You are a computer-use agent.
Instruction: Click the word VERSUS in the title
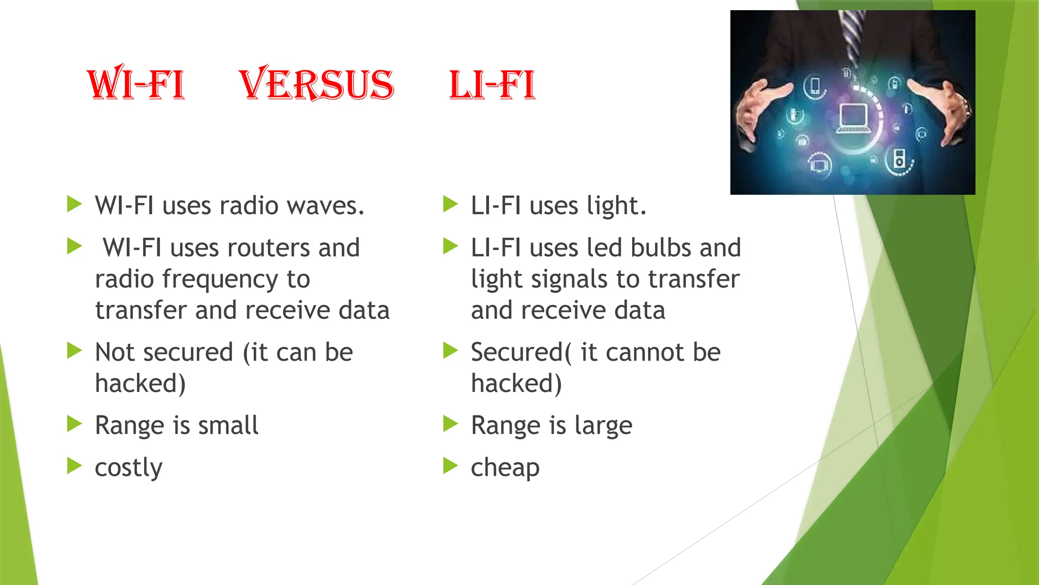[x=316, y=84]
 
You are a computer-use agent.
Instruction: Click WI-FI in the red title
[x=136, y=84]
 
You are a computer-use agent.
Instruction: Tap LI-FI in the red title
[x=492, y=84]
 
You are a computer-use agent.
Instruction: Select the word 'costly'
[x=128, y=467]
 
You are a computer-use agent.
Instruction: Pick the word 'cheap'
[x=505, y=467]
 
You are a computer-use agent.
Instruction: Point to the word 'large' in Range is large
[x=603, y=425]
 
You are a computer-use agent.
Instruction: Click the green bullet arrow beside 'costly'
[x=75, y=465]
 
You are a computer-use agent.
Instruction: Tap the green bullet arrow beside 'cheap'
[x=451, y=465]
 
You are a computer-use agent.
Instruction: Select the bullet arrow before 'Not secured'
[x=75, y=350]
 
